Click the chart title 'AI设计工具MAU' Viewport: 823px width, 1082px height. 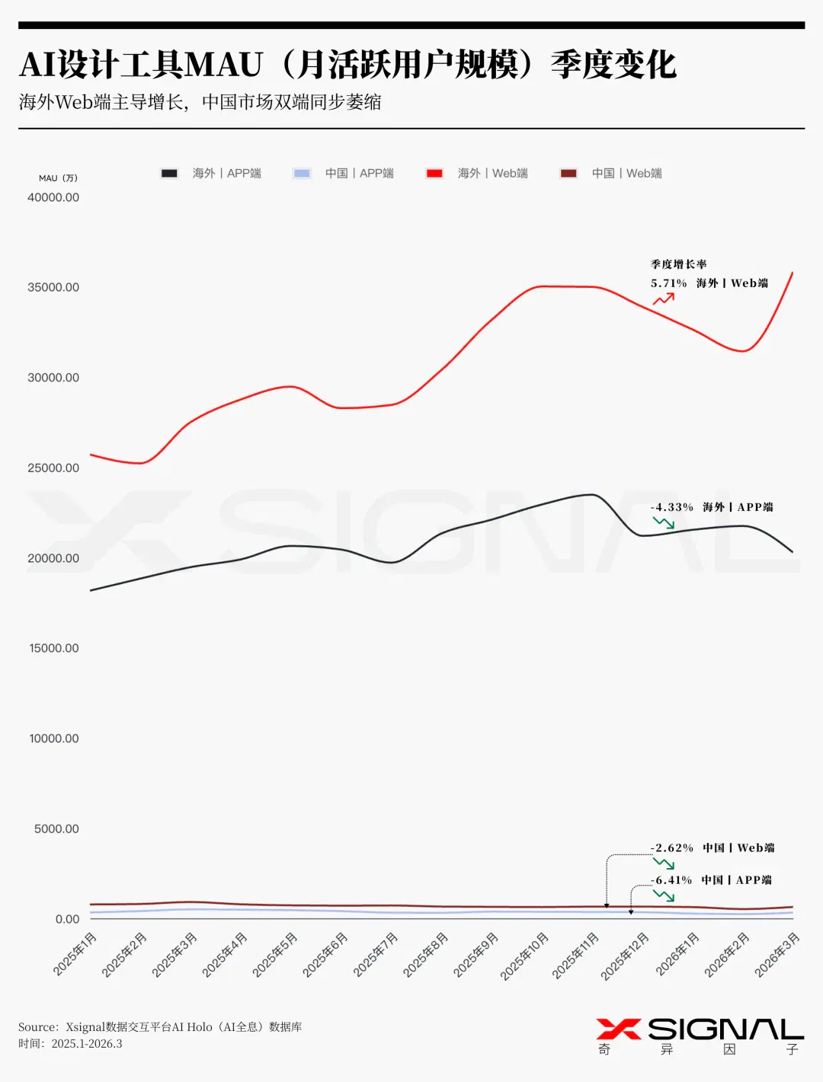click(140, 65)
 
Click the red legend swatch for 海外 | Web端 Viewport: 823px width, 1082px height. click(434, 174)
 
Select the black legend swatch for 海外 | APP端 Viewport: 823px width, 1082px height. click(169, 174)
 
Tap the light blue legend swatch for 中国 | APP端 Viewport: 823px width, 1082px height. click(302, 174)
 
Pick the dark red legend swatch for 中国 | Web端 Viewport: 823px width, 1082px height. click(568, 174)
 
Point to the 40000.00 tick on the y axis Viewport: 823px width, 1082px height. click(53, 198)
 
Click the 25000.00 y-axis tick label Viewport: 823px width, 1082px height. click(53, 468)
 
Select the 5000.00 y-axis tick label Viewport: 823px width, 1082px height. click(56, 828)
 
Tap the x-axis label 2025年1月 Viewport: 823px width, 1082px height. click(75, 954)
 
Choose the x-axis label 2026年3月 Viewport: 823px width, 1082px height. click(777, 954)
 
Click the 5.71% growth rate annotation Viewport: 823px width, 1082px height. click(668, 283)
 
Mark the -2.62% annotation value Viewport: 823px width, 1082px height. click(672, 848)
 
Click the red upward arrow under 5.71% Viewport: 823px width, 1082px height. click(664, 298)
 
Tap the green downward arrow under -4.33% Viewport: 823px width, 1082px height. click(664, 522)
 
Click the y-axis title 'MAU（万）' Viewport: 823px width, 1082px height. click(58, 178)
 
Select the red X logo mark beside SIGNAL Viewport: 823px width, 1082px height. click(619, 1029)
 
